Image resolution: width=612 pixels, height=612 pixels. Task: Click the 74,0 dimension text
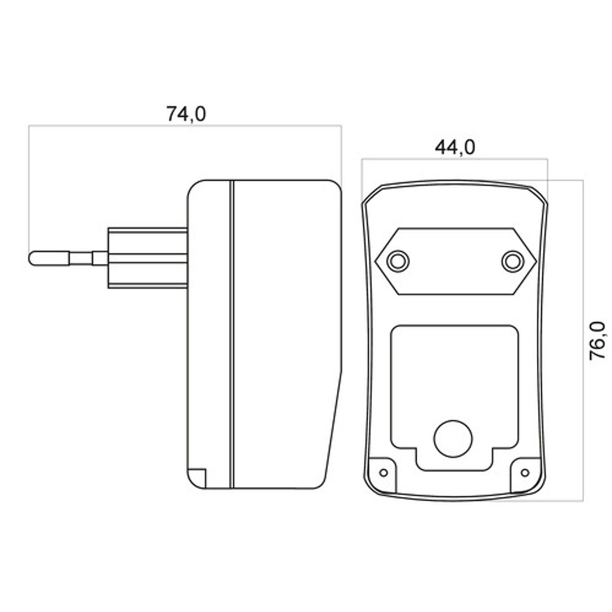click(187, 114)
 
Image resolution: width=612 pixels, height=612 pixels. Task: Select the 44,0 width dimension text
click(455, 147)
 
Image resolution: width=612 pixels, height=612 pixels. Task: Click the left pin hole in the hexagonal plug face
click(398, 261)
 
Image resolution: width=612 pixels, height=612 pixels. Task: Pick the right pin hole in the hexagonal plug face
click(512, 261)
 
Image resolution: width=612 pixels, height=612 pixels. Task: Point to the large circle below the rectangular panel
click(453, 438)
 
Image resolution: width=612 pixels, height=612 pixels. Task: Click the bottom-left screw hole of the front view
click(384, 472)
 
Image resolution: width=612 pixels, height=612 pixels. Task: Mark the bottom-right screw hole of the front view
click(524, 472)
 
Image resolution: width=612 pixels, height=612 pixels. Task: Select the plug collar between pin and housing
click(147, 258)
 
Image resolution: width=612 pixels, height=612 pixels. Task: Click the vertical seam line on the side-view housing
click(232, 334)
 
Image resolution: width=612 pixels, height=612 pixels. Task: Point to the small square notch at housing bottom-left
click(196, 478)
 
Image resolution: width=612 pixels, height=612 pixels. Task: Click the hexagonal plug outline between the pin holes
click(455, 261)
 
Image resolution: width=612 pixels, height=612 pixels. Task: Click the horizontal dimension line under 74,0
click(184, 126)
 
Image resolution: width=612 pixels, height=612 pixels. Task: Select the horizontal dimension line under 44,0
click(455, 160)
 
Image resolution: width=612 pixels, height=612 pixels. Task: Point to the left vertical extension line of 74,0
click(29, 184)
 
